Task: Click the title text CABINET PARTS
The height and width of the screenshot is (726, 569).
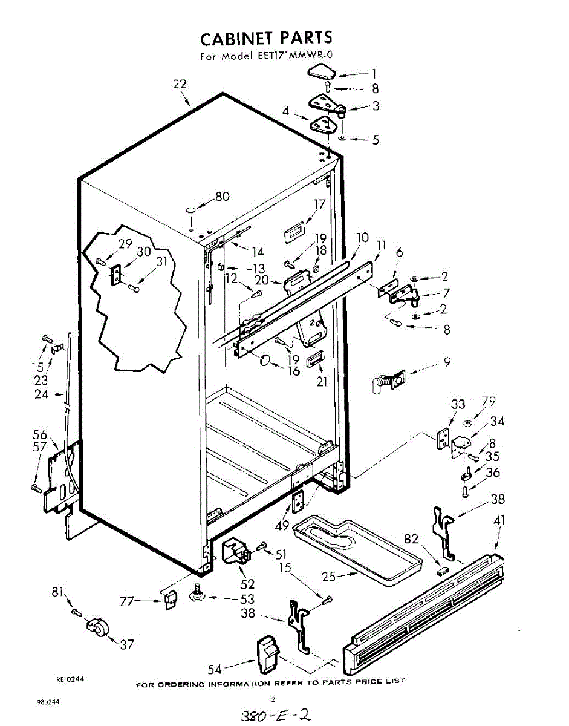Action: pos(266,39)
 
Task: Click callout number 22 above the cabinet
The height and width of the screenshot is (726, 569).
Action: pos(180,85)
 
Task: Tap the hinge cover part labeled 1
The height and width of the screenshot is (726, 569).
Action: pos(320,74)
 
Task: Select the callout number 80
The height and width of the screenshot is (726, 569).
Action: pos(223,197)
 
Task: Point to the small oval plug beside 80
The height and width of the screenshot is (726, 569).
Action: pos(191,209)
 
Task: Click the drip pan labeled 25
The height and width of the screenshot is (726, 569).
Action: pos(357,548)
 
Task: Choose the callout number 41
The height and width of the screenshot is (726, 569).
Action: pos(499,520)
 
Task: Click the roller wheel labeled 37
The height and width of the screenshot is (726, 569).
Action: pos(97,627)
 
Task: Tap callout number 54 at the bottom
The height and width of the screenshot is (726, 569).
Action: pos(215,669)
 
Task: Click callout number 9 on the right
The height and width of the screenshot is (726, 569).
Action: pos(447,363)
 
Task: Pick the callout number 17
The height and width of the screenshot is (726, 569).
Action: pos(320,204)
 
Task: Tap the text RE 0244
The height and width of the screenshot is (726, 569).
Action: pos(70,679)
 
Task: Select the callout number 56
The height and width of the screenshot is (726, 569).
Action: pos(41,434)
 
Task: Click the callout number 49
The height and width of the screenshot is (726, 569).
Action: pos(281,526)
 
